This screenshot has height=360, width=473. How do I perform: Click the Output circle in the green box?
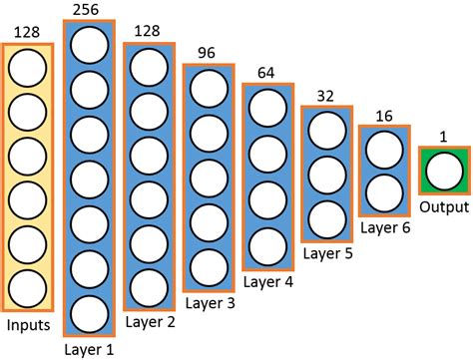pyautogui.click(x=443, y=172)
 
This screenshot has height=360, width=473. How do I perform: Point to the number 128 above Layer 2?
pyautogui.click(x=148, y=32)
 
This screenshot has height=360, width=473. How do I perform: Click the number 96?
pyautogui.click(x=208, y=54)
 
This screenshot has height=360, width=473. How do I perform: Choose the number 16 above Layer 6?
pyautogui.click(x=384, y=116)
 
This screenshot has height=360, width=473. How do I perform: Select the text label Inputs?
pyautogui.click(x=29, y=325)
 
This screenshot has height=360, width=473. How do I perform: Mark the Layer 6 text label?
pyautogui.click(x=384, y=228)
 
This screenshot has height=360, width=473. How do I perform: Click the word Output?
pyautogui.click(x=443, y=207)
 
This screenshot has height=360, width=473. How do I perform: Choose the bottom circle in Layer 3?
pyautogui.click(x=208, y=264)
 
